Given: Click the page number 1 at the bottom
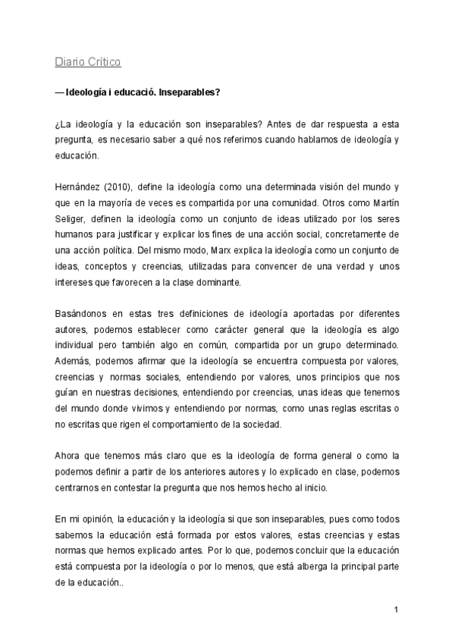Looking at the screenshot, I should [x=396, y=609].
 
